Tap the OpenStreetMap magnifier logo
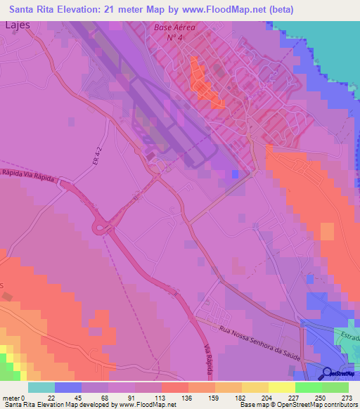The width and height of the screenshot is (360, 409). [328, 373]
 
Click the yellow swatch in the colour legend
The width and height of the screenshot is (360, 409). [281, 387]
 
